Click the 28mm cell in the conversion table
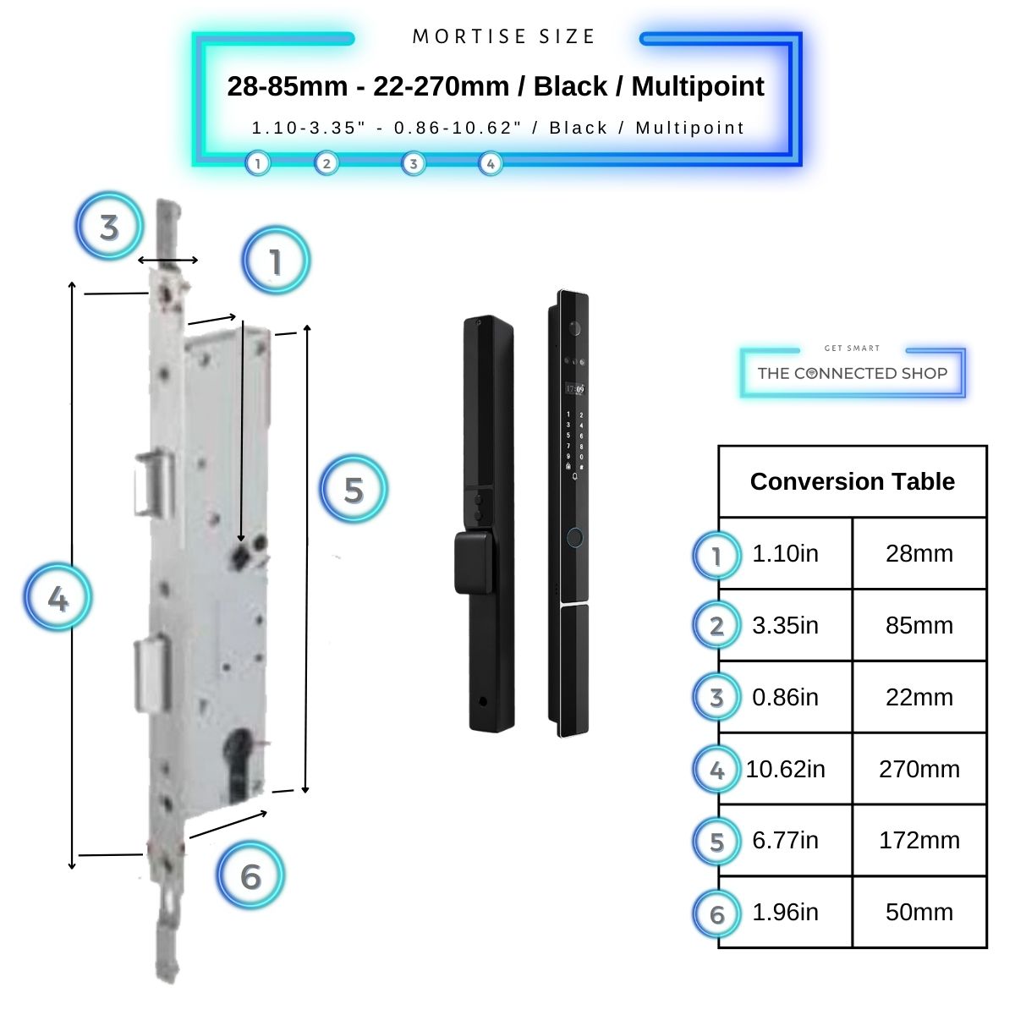pos(919,553)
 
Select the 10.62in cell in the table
pos(785,769)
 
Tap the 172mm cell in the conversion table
pos(919,840)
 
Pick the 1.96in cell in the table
pos(785,912)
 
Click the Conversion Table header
pos(852,481)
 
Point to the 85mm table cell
pos(919,625)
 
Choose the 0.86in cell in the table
pos(785,697)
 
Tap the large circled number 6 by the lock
pos(250,876)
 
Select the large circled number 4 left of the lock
pos(58,598)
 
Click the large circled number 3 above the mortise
pos(109,227)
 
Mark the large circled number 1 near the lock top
pos(276,261)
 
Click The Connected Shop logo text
pos(852,373)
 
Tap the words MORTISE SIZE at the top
pos(504,37)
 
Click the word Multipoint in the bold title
pos(698,86)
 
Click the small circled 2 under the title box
pos(326,163)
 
